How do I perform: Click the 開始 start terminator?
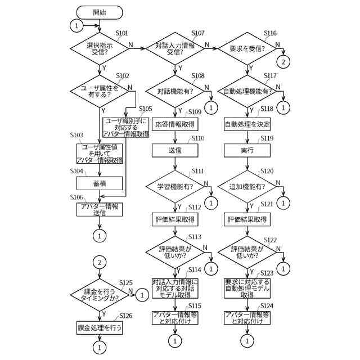click(99, 11)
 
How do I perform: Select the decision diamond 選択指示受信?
click(99, 48)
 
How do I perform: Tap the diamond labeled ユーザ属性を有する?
click(99, 91)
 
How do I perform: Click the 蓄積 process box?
click(99, 183)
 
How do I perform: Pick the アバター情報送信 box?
click(99, 209)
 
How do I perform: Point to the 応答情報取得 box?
click(174, 124)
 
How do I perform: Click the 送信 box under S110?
click(174, 150)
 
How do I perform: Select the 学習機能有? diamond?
click(174, 186)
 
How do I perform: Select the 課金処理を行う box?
click(99, 327)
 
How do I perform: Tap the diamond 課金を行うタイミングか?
click(99, 294)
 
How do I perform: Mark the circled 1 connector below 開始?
click(76, 25)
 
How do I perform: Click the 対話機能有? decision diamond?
click(174, 91)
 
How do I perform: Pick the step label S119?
click(267, 138)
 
